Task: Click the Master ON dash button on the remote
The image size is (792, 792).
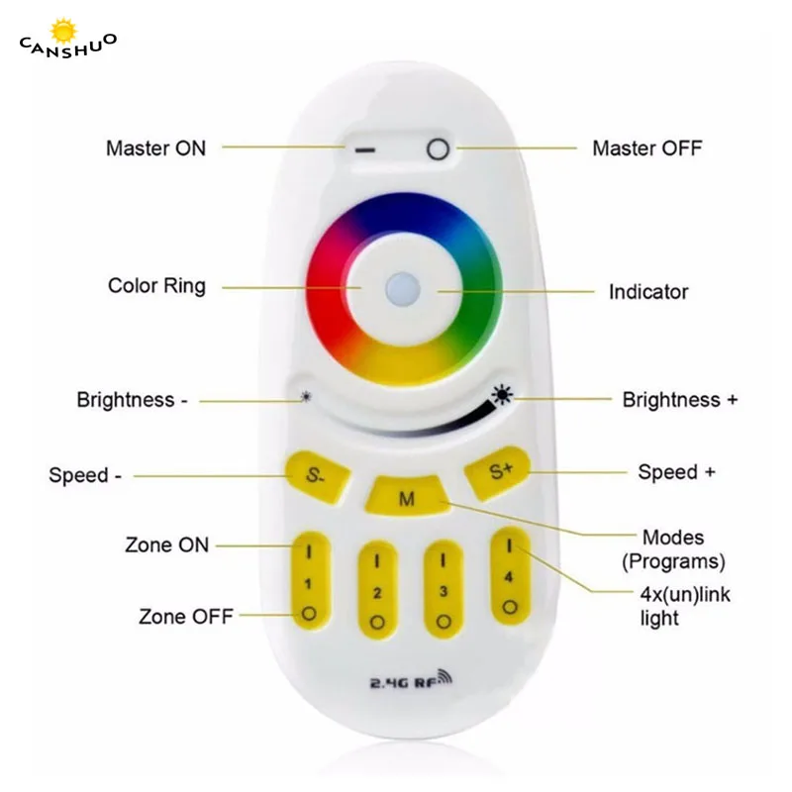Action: click(x=365, y=150)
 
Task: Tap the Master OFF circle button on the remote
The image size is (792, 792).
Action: click(x=437, y=150)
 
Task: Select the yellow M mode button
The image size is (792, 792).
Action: click(x=406, y=498)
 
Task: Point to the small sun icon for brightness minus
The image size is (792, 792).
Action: click(x=306, y=399)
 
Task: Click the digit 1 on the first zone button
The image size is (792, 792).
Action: click(x=310, y=583)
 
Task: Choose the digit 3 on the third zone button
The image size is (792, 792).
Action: click(x=443, y=592)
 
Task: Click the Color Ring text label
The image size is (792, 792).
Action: click(x=156, y=286)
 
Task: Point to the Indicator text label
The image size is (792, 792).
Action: click(x=647, y=292)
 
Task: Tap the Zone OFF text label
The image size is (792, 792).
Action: click(x=185, y=617)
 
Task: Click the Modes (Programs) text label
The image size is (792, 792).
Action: click(x=673, y=549)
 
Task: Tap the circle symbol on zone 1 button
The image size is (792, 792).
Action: click(x=310, y=613)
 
